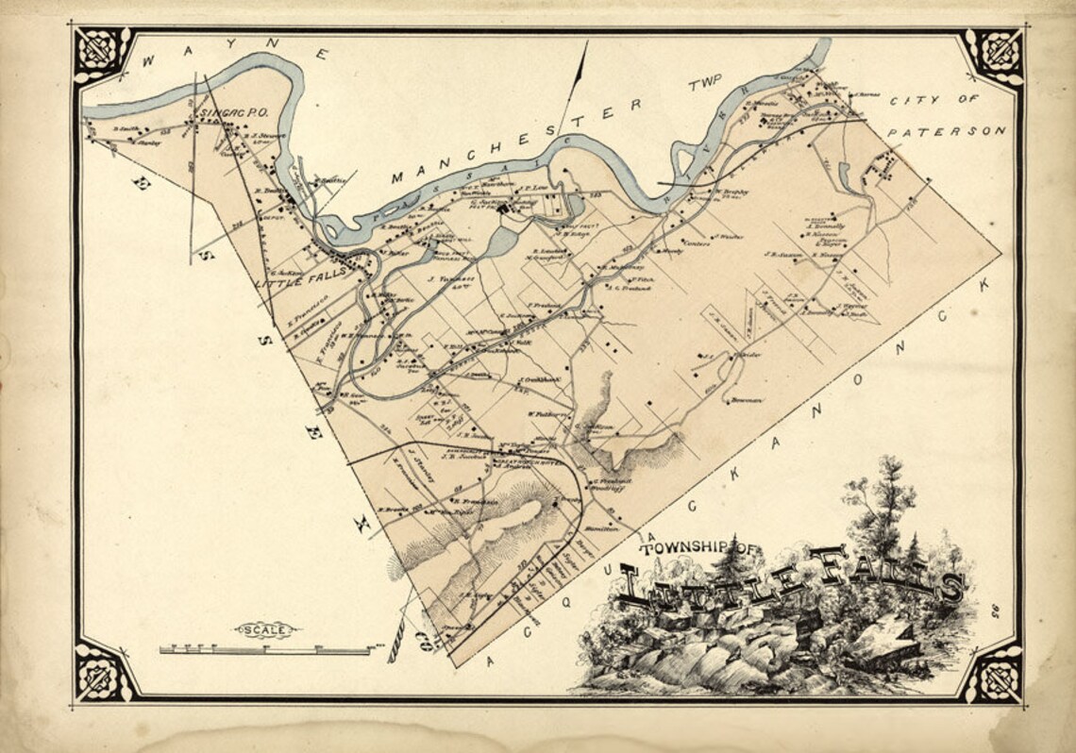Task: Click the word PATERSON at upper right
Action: tap(947, 131)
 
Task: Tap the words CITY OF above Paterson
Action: tap(943, 99)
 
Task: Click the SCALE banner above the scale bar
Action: tap(264, 629)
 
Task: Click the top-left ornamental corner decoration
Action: tap(102, 54)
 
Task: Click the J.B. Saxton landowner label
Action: tap(782, 253)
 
